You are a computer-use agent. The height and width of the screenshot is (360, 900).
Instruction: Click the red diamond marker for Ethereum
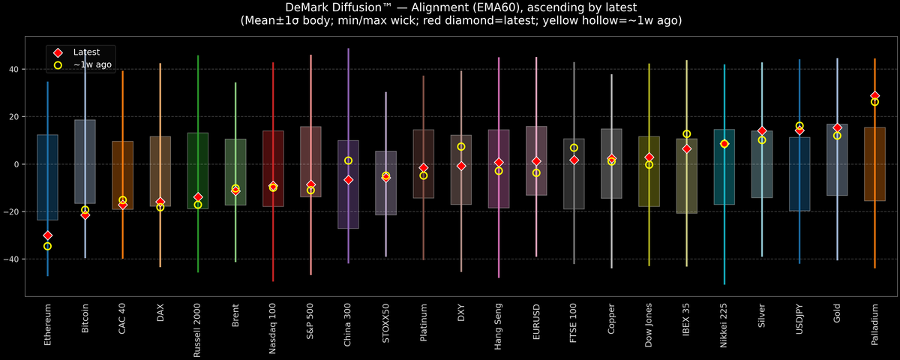tap(48, 235)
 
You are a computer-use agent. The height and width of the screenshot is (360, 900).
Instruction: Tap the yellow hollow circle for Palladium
tap(874, 102)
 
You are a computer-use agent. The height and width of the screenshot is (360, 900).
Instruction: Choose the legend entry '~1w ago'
tap(90, 65)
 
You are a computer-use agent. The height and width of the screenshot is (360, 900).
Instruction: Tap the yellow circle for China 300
tap(348, 160)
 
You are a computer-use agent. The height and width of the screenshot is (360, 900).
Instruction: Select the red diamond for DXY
tap(461, 166)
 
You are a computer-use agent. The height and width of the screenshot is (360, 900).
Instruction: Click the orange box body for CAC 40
tap(123, 174)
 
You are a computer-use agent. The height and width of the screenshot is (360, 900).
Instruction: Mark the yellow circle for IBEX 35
tap(686, 134)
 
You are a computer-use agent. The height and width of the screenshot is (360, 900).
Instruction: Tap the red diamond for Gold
tap(837, 128)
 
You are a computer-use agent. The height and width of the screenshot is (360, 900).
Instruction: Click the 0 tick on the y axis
tap(19, 164)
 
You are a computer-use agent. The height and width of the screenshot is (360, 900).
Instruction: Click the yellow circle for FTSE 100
tap(574, 148)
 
